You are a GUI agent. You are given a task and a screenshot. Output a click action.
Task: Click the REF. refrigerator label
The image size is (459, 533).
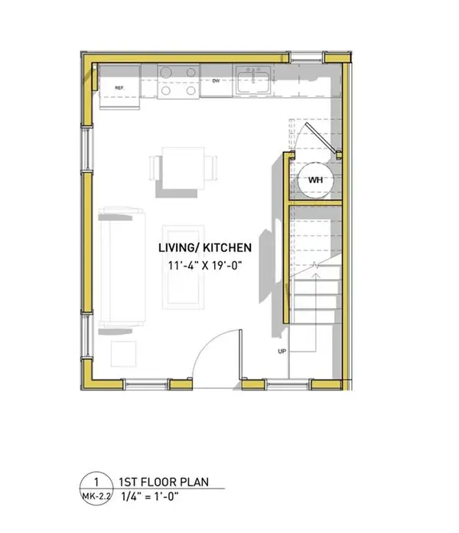pyautogui.click(x=119, y=88)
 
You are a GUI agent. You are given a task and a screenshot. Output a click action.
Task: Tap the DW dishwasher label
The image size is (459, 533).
pyautogui.click(x=216, y=80)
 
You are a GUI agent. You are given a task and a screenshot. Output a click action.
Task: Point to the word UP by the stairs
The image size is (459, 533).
pyautogui.click(x=282, y=351)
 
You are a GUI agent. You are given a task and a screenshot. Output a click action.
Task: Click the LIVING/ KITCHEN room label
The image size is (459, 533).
pyautogui.click(x=204, y=248)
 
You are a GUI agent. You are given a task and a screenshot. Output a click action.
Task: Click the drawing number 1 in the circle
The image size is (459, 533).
pyautogui.click(x=96, y=482)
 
